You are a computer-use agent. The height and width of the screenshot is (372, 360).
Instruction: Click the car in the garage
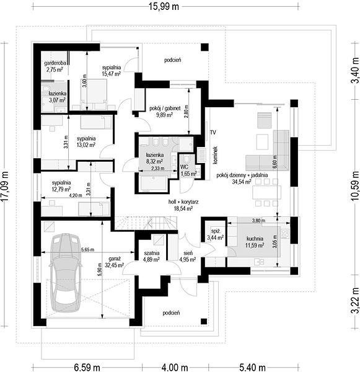pos(64,272)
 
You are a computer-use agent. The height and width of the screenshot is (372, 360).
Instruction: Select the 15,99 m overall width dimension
pos(164,7)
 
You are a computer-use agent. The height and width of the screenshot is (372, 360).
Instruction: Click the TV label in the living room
pos(213,133)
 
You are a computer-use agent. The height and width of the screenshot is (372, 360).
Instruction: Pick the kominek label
pos(216,155)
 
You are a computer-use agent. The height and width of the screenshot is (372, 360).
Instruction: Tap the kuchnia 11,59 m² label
pos(255,242)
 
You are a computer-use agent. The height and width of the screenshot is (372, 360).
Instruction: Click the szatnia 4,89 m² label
pos(151,256)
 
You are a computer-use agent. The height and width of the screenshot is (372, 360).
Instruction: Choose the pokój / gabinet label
pos(165,108)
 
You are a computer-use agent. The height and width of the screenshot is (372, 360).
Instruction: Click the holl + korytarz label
pos(183,202)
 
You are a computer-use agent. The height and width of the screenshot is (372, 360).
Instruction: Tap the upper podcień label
pos(173,60)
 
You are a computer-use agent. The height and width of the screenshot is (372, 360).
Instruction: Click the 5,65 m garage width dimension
pos(87,250)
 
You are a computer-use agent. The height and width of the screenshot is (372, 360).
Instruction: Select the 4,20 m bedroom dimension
pos(76,195)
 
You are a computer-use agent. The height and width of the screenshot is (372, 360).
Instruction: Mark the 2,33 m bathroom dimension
pos(158,169)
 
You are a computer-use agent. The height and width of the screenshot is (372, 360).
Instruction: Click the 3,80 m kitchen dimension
pos(258,220)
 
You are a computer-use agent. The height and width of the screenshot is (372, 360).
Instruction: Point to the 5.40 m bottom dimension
pos(252,368)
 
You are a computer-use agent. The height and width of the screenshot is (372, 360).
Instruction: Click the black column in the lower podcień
pos(204,321)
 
